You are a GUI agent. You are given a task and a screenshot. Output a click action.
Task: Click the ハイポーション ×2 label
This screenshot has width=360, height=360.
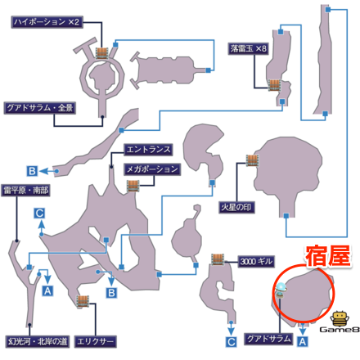46,23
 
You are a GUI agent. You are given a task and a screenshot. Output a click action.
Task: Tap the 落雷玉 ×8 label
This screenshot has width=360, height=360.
250,48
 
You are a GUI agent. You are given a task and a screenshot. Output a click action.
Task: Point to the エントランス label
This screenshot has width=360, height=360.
147,151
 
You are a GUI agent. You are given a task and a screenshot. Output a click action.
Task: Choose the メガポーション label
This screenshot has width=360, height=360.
151,169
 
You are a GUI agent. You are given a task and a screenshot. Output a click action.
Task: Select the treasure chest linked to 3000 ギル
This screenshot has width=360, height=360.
218,260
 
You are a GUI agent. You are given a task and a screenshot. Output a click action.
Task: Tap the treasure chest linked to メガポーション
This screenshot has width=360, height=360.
133,186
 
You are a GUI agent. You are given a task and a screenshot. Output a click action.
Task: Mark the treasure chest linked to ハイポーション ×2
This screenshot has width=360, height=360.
103,52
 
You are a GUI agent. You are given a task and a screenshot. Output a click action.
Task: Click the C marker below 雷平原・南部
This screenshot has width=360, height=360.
39,213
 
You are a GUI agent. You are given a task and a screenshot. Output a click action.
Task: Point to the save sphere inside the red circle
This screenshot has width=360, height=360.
281,287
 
